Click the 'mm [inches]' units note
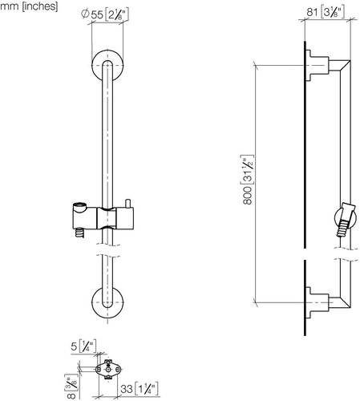click(29, 6)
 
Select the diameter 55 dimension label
click(105, 14)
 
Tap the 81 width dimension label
click(326, 12)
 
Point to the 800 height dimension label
click(248, 180)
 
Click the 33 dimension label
click(140, 389)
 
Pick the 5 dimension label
click(83, 346)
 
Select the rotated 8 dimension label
click(71, 387)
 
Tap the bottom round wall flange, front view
click(107, 303)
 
